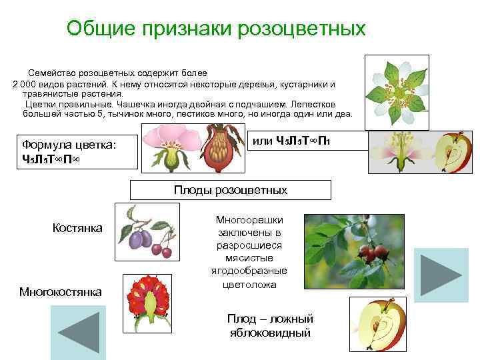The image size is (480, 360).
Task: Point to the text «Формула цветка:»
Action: pyautogui.click(x=69, y=144)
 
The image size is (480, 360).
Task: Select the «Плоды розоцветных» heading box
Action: pyautogui.click(x=230, y=190)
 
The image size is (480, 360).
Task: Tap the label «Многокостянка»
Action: pyautogui.click(x=61, y=291)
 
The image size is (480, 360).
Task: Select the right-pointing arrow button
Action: pyautogui.click(x=441, y=275)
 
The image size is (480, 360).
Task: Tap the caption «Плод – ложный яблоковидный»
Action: pyautogui.click(x=270, y=325)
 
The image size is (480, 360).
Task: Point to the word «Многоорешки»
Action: pyautogui.click(x=250, y=219)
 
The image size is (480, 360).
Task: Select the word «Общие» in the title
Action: pyautogui.click(x=101, y=29)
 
